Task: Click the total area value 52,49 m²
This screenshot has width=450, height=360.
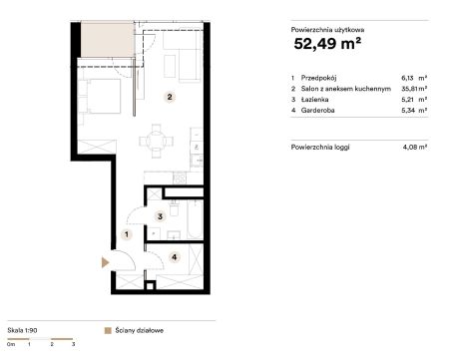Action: tap(327, 44)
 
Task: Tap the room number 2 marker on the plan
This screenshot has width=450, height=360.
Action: tap(170, 97)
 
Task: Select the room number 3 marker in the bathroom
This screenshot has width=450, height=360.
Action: tap(160, 216)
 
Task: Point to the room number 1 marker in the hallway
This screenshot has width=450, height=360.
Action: tap(127, 234)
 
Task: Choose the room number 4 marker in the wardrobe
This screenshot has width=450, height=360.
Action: tap(174, 257)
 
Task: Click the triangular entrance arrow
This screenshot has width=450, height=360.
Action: tap(105, 262)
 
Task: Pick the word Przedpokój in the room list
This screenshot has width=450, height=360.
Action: tap(318, 78)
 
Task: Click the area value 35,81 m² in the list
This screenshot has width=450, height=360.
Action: tap(414, 89)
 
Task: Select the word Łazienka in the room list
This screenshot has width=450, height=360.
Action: tap(314, 100)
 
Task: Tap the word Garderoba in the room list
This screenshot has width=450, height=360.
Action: tap(317, 110)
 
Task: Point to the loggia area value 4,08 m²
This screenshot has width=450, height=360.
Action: tap(415, 147)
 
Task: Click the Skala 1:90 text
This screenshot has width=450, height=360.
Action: tap(22, 330)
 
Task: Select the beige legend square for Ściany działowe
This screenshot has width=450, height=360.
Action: tap(108, 331)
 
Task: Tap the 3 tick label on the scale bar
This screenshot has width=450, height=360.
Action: tap(74, 344)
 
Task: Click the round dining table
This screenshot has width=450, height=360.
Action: tap(156, 141)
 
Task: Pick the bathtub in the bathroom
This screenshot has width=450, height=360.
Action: tap(195, 219)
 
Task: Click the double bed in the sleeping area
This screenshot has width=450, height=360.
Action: tap(100, 96)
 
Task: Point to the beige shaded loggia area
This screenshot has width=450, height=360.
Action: tap(108, 39)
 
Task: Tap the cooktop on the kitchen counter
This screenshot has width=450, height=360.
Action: tap(180, 178)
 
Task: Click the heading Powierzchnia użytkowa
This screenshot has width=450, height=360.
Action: tap(327, 30)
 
